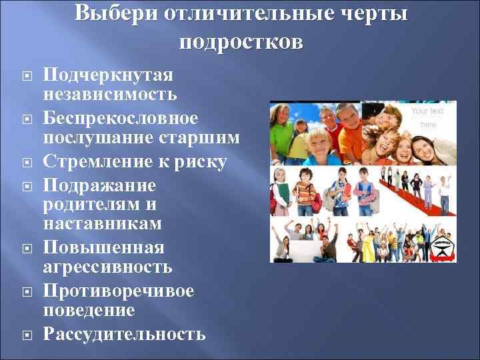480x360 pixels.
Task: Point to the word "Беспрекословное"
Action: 120,118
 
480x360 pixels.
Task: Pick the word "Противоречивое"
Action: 119,291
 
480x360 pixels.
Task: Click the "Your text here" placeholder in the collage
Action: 427,117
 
